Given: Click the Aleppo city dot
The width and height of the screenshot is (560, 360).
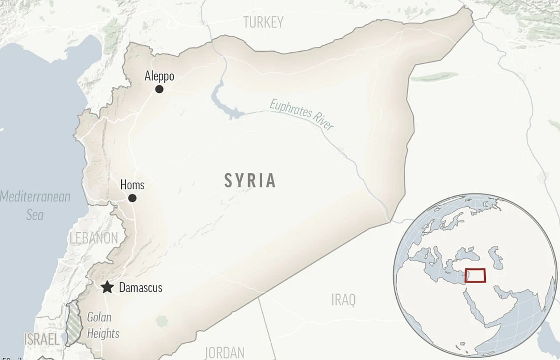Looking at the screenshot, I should pyautogui.click(x=159, y=89).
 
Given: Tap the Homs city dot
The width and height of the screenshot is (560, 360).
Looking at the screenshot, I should pyautogui.click(x=133, y=198).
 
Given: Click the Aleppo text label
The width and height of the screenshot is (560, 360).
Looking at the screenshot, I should pyautogui.click(x=159, y=76).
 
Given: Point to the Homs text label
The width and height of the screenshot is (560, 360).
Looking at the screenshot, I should pyautogui.click(x=132, y=185).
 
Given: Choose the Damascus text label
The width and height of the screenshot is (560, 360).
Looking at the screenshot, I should pyautogui.click(x=140, y=288).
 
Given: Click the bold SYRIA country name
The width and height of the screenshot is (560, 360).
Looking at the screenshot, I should pyautogui.click(x=250, y=180).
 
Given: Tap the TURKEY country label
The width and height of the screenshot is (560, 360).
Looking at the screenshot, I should pyautogui.click(x=264, y=22).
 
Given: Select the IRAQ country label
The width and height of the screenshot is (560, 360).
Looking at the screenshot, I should pyautogui.click(x=343, y=299).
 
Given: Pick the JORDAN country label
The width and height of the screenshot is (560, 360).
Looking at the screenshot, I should pyautogui.click(x=224, y=352).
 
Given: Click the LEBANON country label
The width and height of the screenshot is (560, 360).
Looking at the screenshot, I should pyautogui.click(x=94, y=238).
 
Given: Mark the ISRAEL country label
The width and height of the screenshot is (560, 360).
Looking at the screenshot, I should pyautogui.click(x=42, y=339).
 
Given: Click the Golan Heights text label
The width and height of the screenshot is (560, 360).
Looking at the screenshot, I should pyautogui.click(x=103, y=325).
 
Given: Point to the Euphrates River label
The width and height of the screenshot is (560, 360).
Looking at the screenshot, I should pyautogui.click(x=301, y=114).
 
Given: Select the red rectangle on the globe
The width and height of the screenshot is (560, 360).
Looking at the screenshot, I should pyautogui.click(x=475, y=276).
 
